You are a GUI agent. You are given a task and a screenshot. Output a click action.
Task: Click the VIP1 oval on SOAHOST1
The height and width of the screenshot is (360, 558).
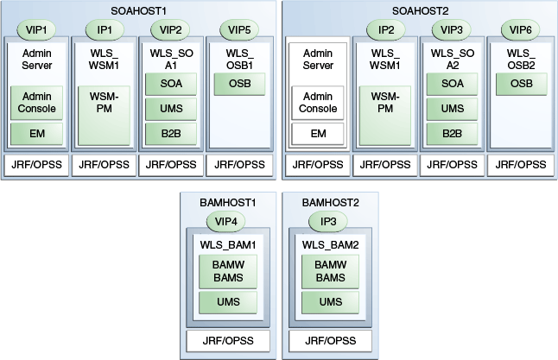click(x=37, y=28)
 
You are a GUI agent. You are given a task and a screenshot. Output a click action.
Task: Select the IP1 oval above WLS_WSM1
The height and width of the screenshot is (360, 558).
click(x=105, y=28)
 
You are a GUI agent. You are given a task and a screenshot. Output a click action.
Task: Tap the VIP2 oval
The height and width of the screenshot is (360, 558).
click(x=170, y=28)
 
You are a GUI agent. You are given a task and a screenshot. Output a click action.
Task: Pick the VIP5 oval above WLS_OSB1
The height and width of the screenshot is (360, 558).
click(x=238, y=28)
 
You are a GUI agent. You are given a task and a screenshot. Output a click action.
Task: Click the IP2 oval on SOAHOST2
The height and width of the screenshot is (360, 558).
click(x=385, y=28)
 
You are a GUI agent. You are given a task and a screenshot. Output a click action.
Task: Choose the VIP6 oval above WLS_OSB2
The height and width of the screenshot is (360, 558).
click(x=521, y=28)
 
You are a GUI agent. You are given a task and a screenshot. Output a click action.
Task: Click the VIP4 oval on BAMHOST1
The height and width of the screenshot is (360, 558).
click(x=225, y=222)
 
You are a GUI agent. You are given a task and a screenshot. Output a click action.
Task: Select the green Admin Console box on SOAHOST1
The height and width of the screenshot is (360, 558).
click(x=37, y=102)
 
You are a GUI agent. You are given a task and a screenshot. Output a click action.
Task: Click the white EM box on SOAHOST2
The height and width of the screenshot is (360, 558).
click(x=318, y=134)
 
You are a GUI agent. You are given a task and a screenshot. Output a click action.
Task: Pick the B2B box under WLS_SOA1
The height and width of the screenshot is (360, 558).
click(x=170, y=133)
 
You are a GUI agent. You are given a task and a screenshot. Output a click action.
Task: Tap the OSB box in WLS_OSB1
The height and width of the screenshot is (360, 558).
click(x=238, y=85)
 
